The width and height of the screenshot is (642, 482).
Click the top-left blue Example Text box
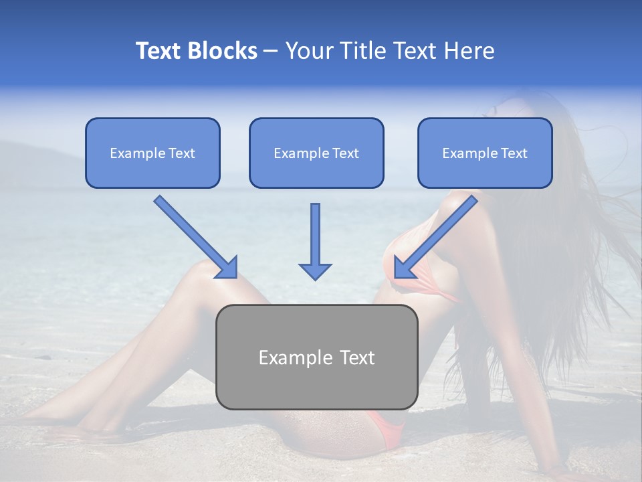152,153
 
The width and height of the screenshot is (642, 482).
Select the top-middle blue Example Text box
316,153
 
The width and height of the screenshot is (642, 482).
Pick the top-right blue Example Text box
485,153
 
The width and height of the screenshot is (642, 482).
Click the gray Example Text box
317,357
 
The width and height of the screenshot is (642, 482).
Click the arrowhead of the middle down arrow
315,270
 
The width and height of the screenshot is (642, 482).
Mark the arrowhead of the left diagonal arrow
227,268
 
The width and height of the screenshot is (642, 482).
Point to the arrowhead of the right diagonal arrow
403,268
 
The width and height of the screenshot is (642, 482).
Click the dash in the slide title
271,51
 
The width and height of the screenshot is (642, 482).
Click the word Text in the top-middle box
346,153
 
